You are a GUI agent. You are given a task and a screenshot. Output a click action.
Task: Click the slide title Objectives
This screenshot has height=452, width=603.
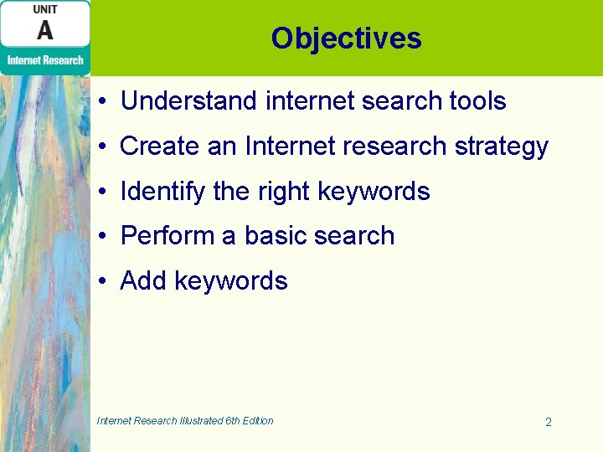[x=346, y=39]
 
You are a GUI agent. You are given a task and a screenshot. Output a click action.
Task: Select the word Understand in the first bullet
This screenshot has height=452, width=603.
[x=188, y=101]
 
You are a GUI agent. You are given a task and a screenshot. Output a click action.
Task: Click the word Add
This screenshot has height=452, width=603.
[x=143, y=281]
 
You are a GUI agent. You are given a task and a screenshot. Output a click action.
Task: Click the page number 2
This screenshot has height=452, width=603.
[x=549, y=423]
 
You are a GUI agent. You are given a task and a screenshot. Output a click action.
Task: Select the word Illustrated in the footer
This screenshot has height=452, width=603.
[x=201, y=421]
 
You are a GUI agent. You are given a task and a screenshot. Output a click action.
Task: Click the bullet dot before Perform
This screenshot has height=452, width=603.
[x=100, y=237]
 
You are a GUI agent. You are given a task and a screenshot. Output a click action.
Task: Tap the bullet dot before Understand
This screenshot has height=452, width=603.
[x=100, y=102]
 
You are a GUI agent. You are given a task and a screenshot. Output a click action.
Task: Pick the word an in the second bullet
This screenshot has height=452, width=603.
[x=222, y=147]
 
